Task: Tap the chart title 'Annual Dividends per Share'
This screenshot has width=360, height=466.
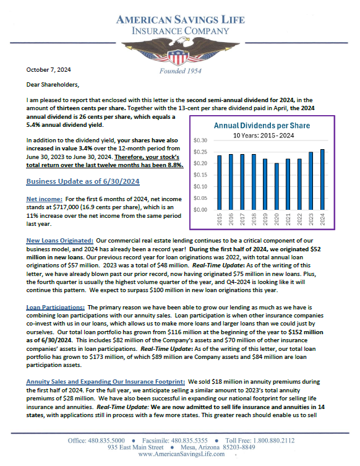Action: tap(262, 125)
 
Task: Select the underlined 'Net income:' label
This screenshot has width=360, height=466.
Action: tap(43, 200)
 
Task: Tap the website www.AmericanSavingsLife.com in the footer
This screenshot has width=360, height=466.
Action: tap(180, 454)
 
